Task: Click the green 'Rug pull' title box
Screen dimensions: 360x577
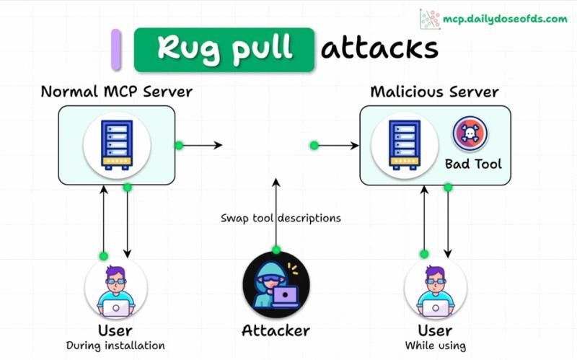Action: click(x=224, y=49)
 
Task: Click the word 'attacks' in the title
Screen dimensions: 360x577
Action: click(x=379, y=49)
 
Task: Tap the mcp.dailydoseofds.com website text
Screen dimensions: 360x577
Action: click(x=504, y=18)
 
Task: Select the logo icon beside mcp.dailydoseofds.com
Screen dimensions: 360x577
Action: click(x=430, y=19)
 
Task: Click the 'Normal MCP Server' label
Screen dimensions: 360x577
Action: click(x=116, y=92)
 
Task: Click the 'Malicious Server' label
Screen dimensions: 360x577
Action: click(x=434, y=92)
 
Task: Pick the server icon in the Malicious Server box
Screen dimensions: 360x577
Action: click(x=404, y=144)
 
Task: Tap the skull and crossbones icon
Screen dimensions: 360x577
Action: click(x=470, y=134)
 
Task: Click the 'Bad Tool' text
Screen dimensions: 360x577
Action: click(x=473, y=164)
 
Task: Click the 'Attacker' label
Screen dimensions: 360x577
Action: click(x=276, y=331)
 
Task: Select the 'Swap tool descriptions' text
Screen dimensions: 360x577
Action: click(x=281, y=217)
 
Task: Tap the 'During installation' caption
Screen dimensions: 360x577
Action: click(x=115, y=346)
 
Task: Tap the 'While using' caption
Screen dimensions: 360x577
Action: click(x=435, y=346)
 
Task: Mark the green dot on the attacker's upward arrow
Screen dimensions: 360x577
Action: click(x=276, y=250)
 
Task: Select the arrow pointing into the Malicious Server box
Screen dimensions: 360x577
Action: click(x=338, y=146)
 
